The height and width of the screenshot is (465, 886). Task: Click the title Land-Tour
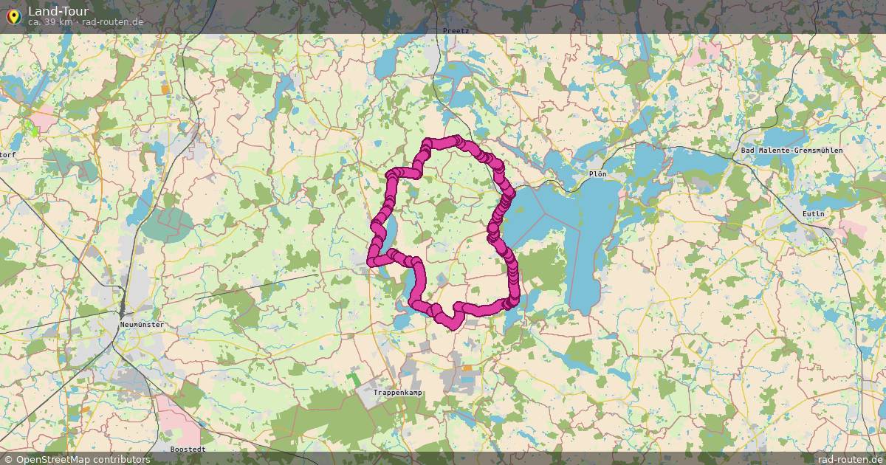click(58, 11)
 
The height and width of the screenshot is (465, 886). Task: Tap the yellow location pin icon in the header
click(13, 15)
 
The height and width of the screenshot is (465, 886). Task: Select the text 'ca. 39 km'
click(49, 22)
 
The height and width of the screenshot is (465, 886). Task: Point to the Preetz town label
click(456, 30)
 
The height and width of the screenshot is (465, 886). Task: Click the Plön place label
click(597, 174)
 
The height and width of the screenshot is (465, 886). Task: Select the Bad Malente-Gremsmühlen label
click(791, 151)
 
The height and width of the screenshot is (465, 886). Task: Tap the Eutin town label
click(812, 214)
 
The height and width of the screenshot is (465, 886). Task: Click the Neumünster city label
click(142, 325)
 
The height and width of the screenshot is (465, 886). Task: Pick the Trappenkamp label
click(398, 393)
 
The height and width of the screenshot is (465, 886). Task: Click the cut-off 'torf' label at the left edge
click(8, 154)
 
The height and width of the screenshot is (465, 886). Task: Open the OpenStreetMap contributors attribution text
click(83, 459)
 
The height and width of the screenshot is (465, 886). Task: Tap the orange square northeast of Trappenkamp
click(467, 368)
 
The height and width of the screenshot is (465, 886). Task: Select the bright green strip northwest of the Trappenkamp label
click(356, 379)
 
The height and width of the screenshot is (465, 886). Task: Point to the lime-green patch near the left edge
click(31, 130)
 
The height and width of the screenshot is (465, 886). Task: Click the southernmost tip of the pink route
click(452, 323)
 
